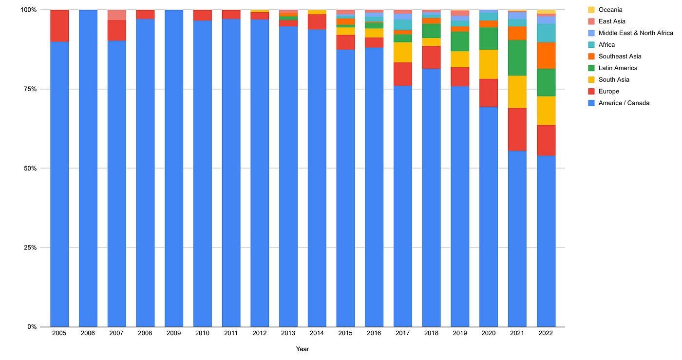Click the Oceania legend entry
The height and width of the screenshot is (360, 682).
[605, 10]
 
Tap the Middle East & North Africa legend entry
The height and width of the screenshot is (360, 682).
[630, 33]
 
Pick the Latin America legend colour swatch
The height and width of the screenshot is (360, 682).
[591, 68]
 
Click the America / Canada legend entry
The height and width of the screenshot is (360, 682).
[619, 103]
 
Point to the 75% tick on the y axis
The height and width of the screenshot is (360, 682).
[30, 89]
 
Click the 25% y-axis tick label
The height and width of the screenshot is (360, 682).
[30, 247]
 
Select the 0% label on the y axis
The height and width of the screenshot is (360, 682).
[32, 327]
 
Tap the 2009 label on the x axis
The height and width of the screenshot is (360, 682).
[173, 333]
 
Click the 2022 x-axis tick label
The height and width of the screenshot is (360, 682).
[546, 333]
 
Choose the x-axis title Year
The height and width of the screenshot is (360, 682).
[303, 349]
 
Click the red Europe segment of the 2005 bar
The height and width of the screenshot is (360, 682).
[59, 26]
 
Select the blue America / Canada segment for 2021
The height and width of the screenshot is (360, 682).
[517, 239]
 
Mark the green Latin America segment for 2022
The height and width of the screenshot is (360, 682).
[546, 82]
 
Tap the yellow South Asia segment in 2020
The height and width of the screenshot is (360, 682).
[489, 64]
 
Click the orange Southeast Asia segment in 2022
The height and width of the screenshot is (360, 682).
[546, 56]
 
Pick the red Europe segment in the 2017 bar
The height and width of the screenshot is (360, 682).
[403, 74]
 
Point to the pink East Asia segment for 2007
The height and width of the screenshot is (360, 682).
[117, 15]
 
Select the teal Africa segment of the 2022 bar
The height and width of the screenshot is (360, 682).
[546, 33]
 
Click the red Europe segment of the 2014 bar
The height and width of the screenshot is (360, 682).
[317, 22]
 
